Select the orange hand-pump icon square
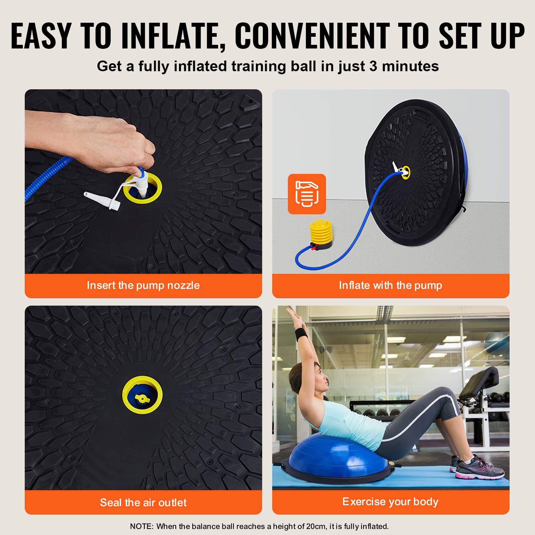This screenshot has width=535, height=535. tap(307, 194)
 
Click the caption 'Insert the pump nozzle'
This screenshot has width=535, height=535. tap(143, 285)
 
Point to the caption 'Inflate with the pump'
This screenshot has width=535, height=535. tap(390, 285)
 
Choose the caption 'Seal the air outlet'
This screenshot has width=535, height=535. tap(143, 502)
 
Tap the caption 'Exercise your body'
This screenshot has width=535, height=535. tap(390, 502)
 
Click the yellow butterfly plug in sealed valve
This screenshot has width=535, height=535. tap(142, 398)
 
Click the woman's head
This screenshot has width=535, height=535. tap(309, 380)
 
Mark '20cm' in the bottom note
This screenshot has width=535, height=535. tap(316, 526)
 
